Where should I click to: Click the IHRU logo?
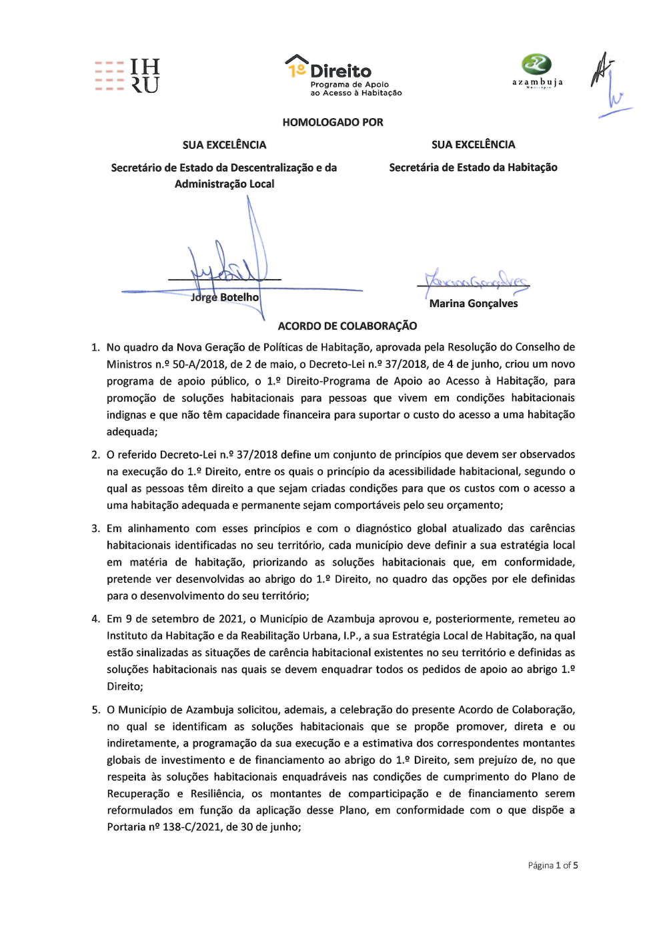(127, 75)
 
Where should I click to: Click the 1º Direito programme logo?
(343, 75)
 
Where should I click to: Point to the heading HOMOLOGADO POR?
(333, 122)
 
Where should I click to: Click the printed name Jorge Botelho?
(225, 298)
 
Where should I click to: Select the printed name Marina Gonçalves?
(474, 304)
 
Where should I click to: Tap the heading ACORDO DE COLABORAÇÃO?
(348, 326)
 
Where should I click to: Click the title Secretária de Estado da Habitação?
(473, 168)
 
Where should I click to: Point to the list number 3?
(95, 529)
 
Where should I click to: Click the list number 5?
(95, 710)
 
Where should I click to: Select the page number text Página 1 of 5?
(553, 865)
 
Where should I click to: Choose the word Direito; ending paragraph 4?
(125, 686)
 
